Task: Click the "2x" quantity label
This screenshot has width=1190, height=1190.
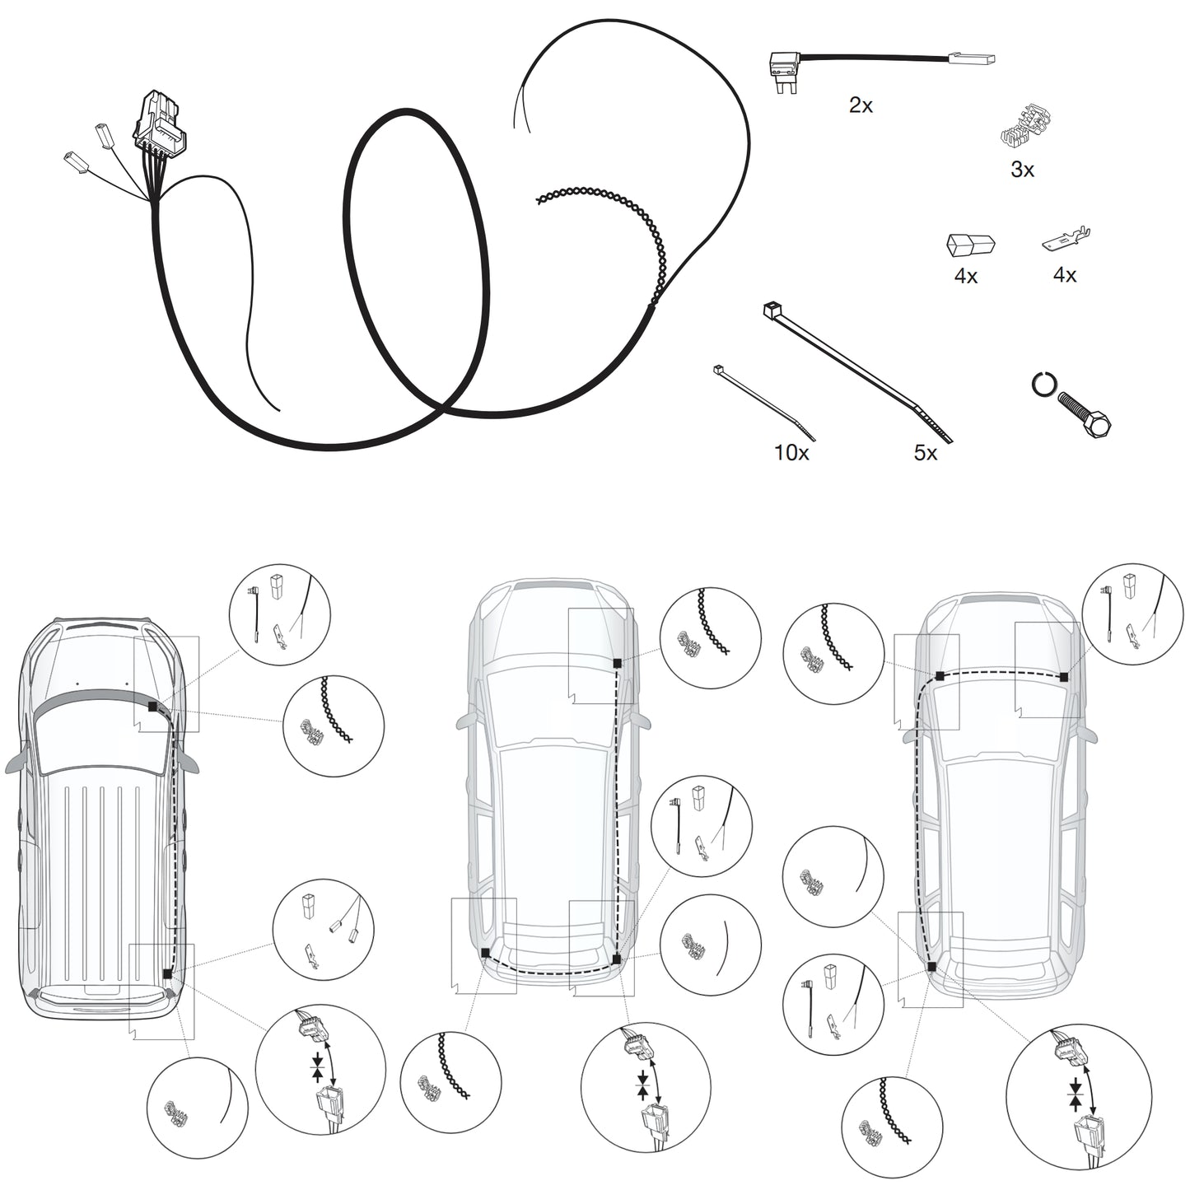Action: [861, 105]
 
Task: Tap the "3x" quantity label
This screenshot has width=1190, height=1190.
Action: [1022, 169]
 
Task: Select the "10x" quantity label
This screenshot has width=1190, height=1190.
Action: [791, 453]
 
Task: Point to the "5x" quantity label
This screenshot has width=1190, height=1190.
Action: [925, 453]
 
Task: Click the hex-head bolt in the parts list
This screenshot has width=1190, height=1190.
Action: [1085, 415]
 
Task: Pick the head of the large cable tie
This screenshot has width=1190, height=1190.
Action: [772, 310]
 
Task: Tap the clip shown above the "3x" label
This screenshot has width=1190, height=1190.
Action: [1025, 129]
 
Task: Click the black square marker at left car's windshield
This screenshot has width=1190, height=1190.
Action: [152, 707]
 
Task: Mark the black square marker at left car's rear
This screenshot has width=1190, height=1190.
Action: [166, 974]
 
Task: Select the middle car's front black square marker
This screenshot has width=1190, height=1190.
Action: [616, 663]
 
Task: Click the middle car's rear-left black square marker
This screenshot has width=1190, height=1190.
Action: [485, 952]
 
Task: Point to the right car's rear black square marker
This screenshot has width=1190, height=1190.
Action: [931, 967]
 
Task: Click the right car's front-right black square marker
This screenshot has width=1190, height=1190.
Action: [1063, 678]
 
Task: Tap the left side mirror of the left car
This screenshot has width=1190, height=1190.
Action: [17, 762]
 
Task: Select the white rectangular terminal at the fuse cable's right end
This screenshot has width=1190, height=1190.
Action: [971, 59]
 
